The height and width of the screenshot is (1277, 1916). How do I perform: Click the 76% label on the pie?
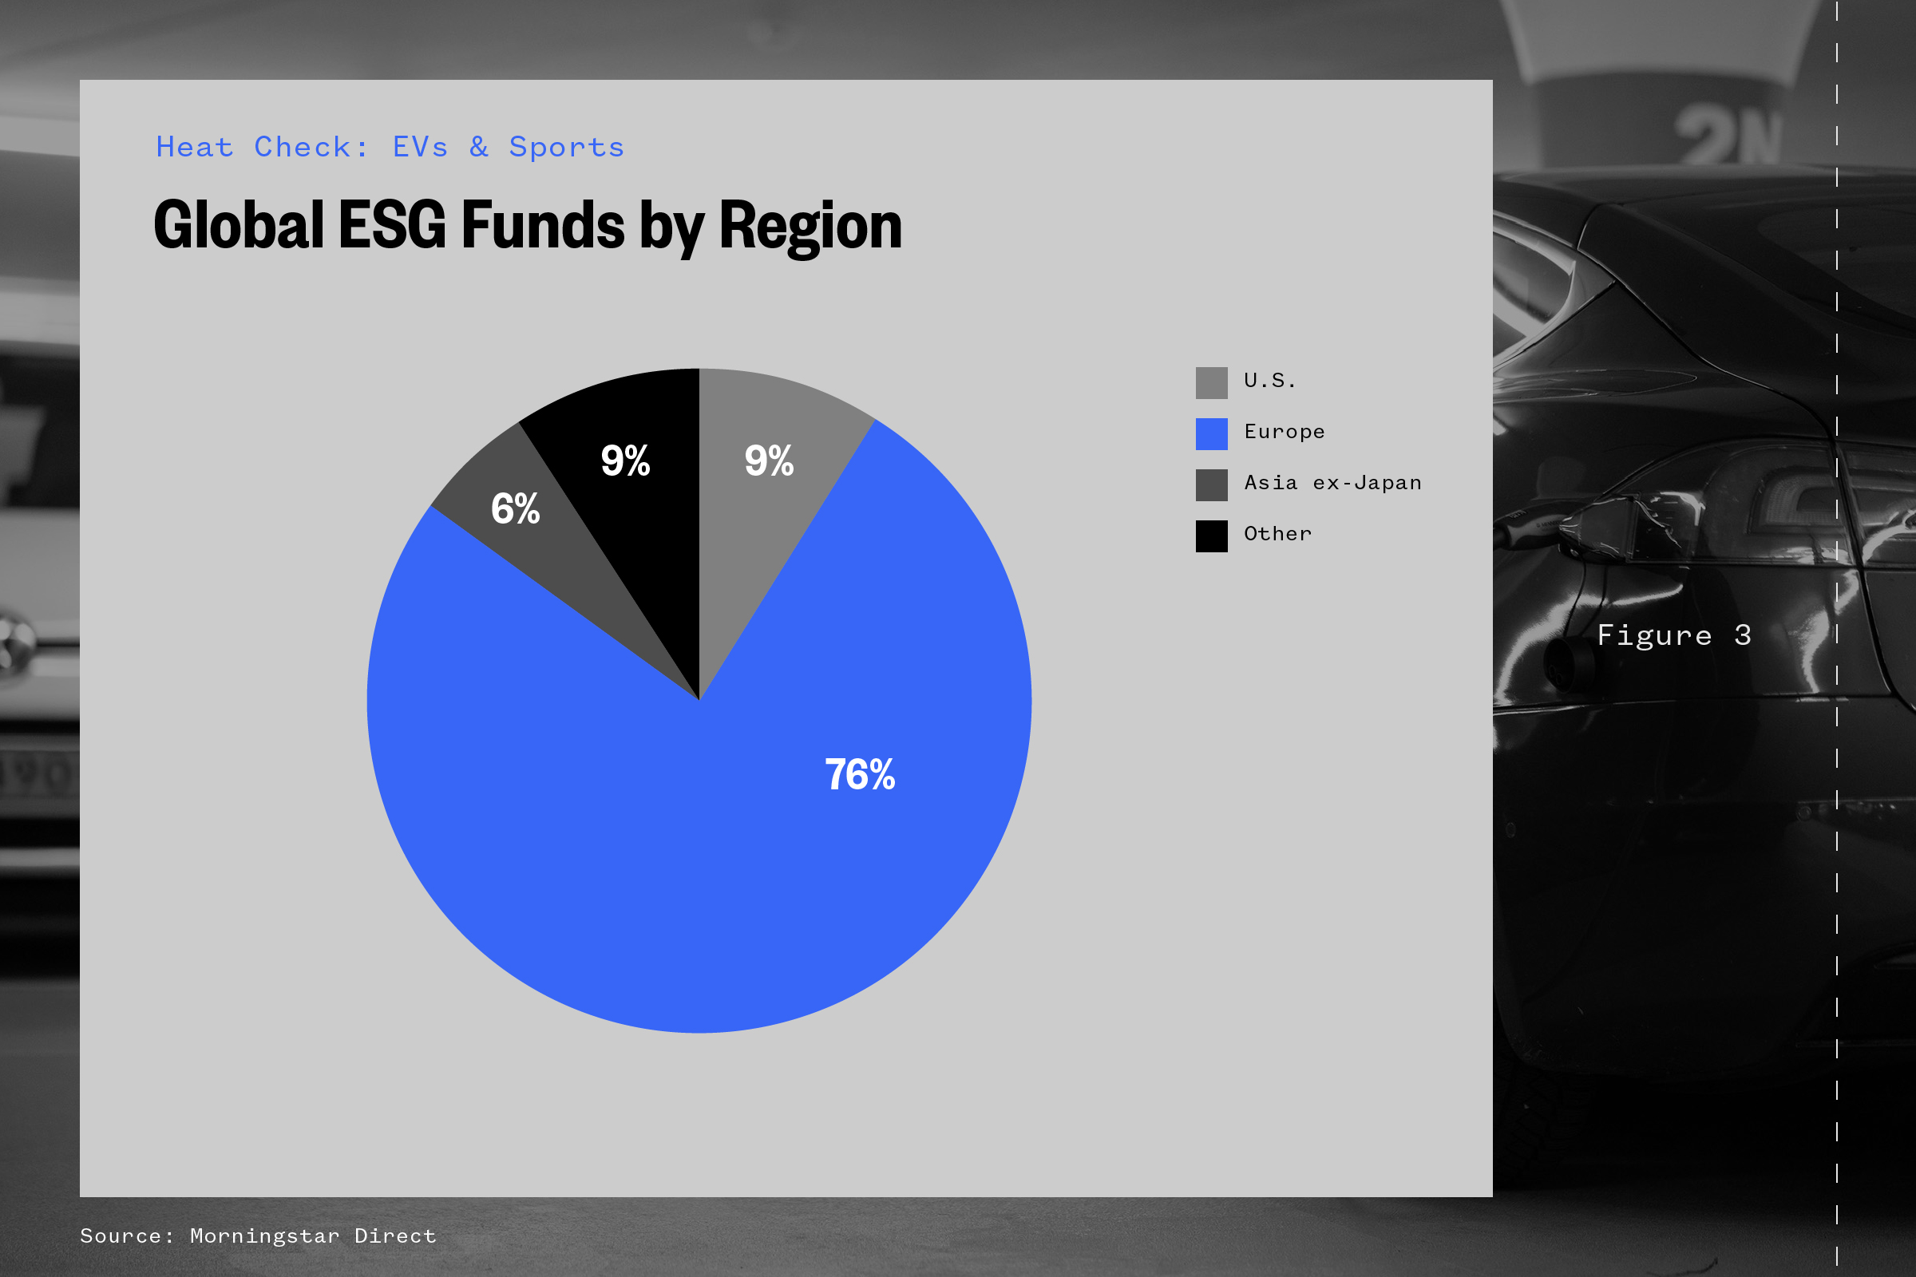(x=860, y=774)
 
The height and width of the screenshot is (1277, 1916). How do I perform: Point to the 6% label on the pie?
(x=515, y=509)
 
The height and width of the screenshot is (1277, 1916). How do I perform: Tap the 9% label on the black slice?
(x=625, y=461)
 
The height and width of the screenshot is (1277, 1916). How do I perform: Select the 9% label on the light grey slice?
(x=768, y=461)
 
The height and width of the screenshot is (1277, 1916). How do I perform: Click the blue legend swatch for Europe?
(x=1211, y=434)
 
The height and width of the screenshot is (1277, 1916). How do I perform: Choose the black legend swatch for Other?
(x=1211, y=536)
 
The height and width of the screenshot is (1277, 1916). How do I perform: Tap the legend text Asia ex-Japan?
(x=1332, y=483)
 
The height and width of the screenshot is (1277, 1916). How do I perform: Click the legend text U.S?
(x=1269, y=381)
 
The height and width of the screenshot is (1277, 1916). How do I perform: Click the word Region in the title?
(x=810, y=226)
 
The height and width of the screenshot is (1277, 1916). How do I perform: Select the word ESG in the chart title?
(x=393, y=226)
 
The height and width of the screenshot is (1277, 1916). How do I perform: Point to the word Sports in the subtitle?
(x=566, y=148)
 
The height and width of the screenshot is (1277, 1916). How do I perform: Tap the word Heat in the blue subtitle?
(x=195, y=148)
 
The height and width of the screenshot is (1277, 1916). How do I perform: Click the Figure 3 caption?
(x=1674, y=635)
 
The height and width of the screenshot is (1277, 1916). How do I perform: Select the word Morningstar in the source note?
(x=265, y=1236)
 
